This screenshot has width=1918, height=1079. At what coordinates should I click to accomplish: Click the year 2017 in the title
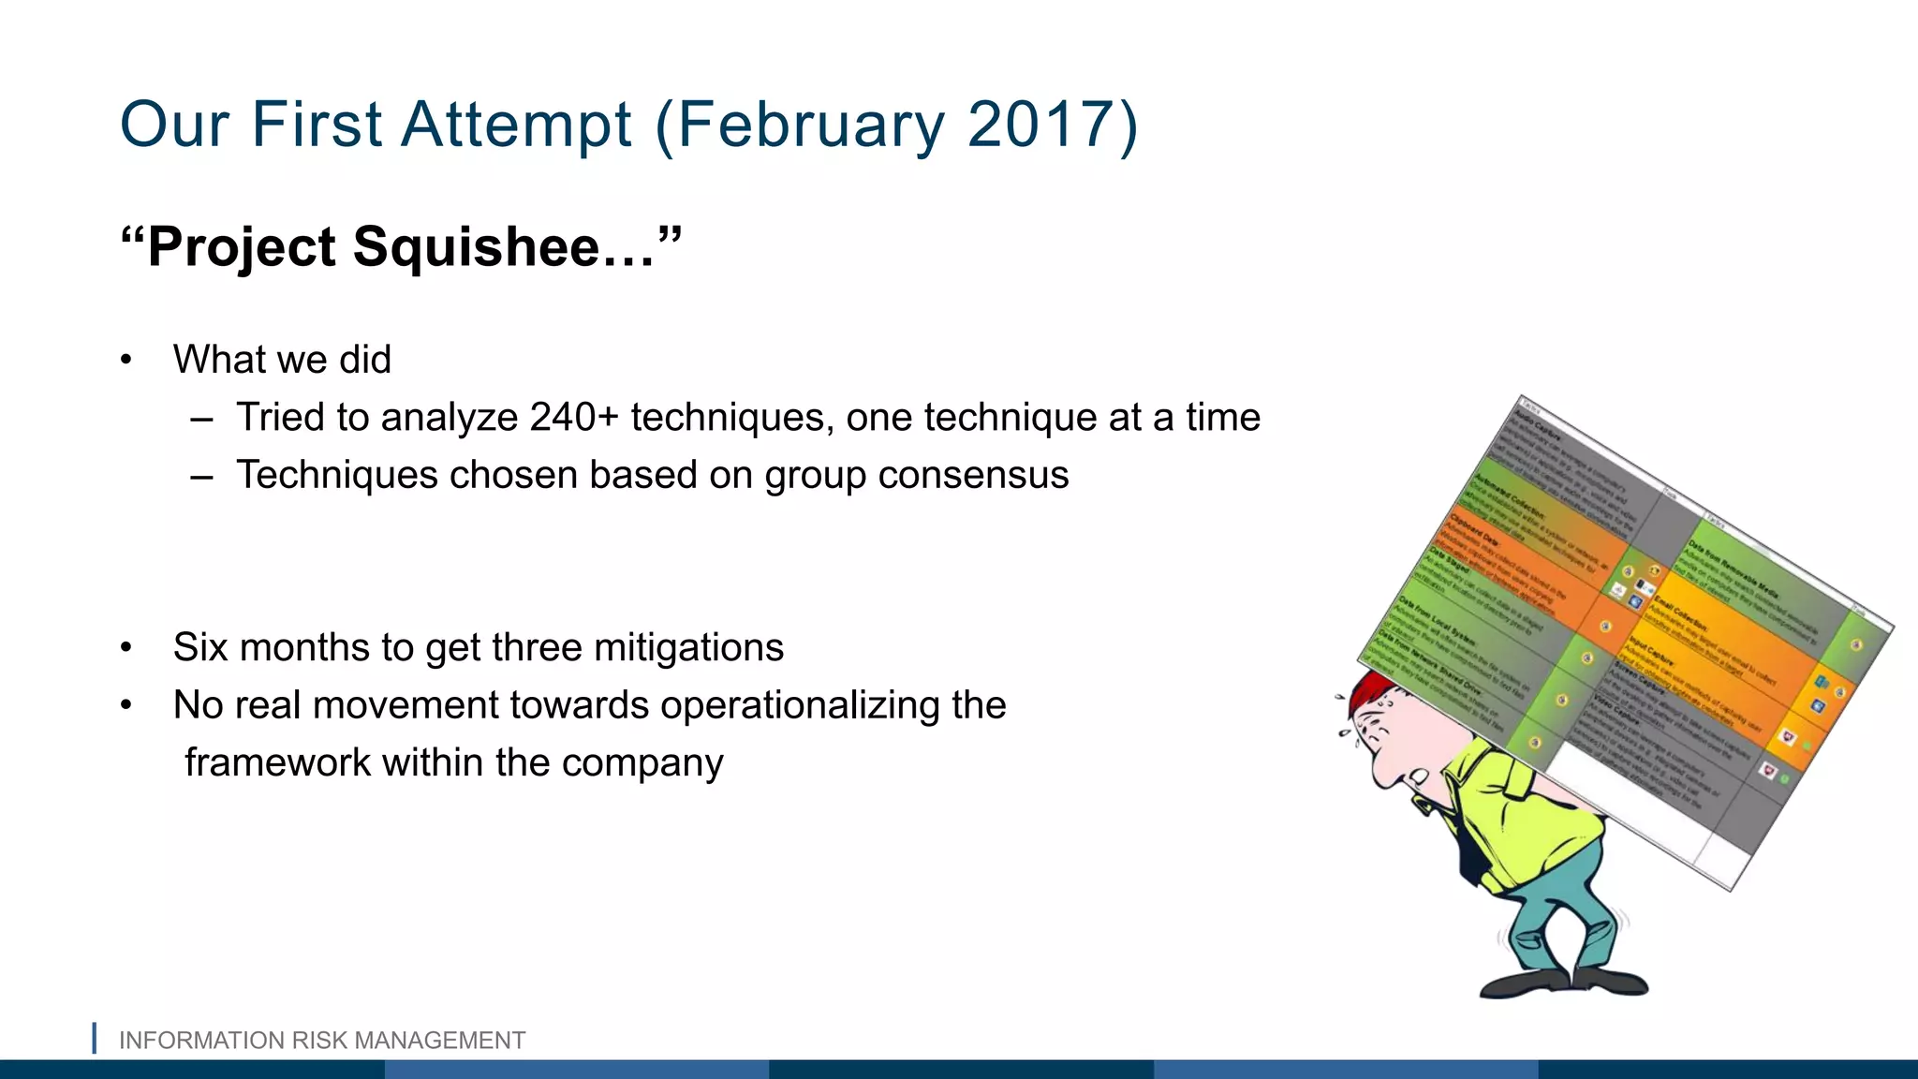coord(1040,125)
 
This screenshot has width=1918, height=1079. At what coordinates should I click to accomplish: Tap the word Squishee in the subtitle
coord(476,247)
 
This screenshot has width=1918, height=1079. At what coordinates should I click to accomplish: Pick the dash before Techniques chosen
coord(201,476)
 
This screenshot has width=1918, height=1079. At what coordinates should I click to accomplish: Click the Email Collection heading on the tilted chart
coord(1681,613)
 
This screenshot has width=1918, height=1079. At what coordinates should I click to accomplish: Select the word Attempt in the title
coord(517,125)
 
